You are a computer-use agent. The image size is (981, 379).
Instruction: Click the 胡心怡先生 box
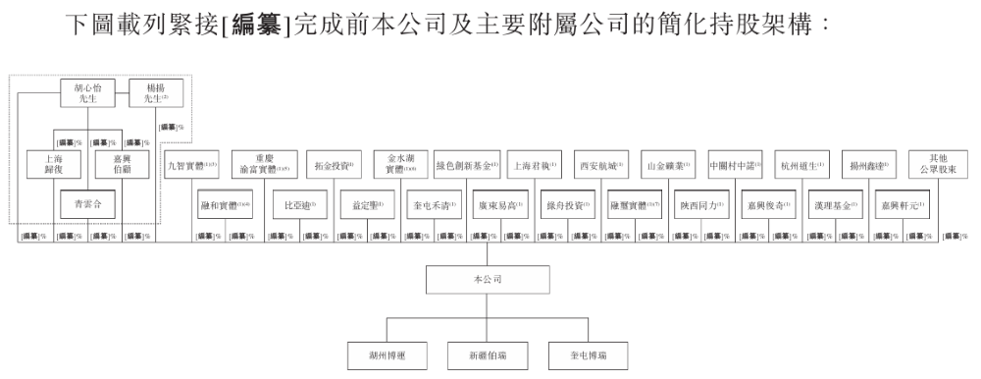[x=91, y=93]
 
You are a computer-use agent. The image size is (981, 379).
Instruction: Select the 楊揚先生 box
[x=156, y=93]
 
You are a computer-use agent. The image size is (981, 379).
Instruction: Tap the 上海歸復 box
[x=52, y=163]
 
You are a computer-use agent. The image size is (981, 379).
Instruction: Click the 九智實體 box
[x=191, y=163]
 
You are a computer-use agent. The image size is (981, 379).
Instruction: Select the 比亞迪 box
[x=297, y=206]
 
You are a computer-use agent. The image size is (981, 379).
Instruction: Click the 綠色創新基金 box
[x=467, y=163]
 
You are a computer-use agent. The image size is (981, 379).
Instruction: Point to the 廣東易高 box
[x=499, y=206]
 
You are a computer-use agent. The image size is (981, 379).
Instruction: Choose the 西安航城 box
[x=601, y=163]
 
